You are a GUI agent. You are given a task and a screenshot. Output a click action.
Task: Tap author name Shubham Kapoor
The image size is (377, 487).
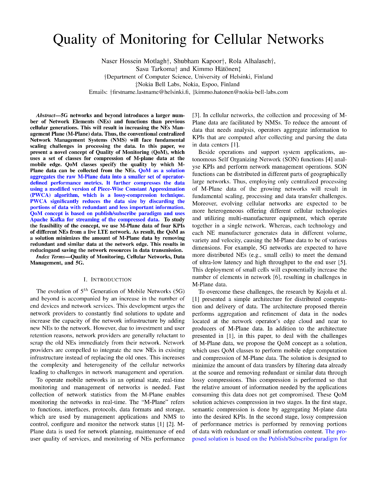coord(198,61)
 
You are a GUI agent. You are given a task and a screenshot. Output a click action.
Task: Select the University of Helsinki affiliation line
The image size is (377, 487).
coord(188,77)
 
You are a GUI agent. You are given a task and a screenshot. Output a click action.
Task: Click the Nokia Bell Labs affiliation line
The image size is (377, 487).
coord(188,84)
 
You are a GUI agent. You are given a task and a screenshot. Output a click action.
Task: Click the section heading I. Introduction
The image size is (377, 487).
coord(108,280)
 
